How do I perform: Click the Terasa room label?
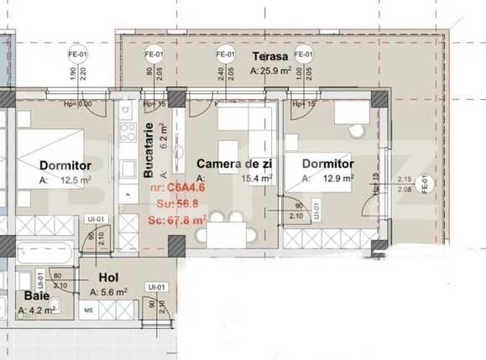pyautogui.click(x=269, y=57)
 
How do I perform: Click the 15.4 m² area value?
pyautogui.click(x=256, y=179)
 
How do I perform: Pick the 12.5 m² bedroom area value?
pyautogui.click(x=76, y=179)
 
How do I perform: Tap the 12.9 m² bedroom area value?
pyautogui.click(x=338, y=179)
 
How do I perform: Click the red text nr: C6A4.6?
pyautogui.click(x=177, y=188)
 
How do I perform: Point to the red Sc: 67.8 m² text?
pyautogui.click(x=177, y=219)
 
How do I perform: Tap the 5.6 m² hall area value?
pyautogui.click(x=112, y=291)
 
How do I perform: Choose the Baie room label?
pyautogui.click(x=35, y=295)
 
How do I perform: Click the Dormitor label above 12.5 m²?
pyautogui.click(x=65, y=164)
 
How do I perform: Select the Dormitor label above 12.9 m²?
pyautogui.click(x=327, y=164)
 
